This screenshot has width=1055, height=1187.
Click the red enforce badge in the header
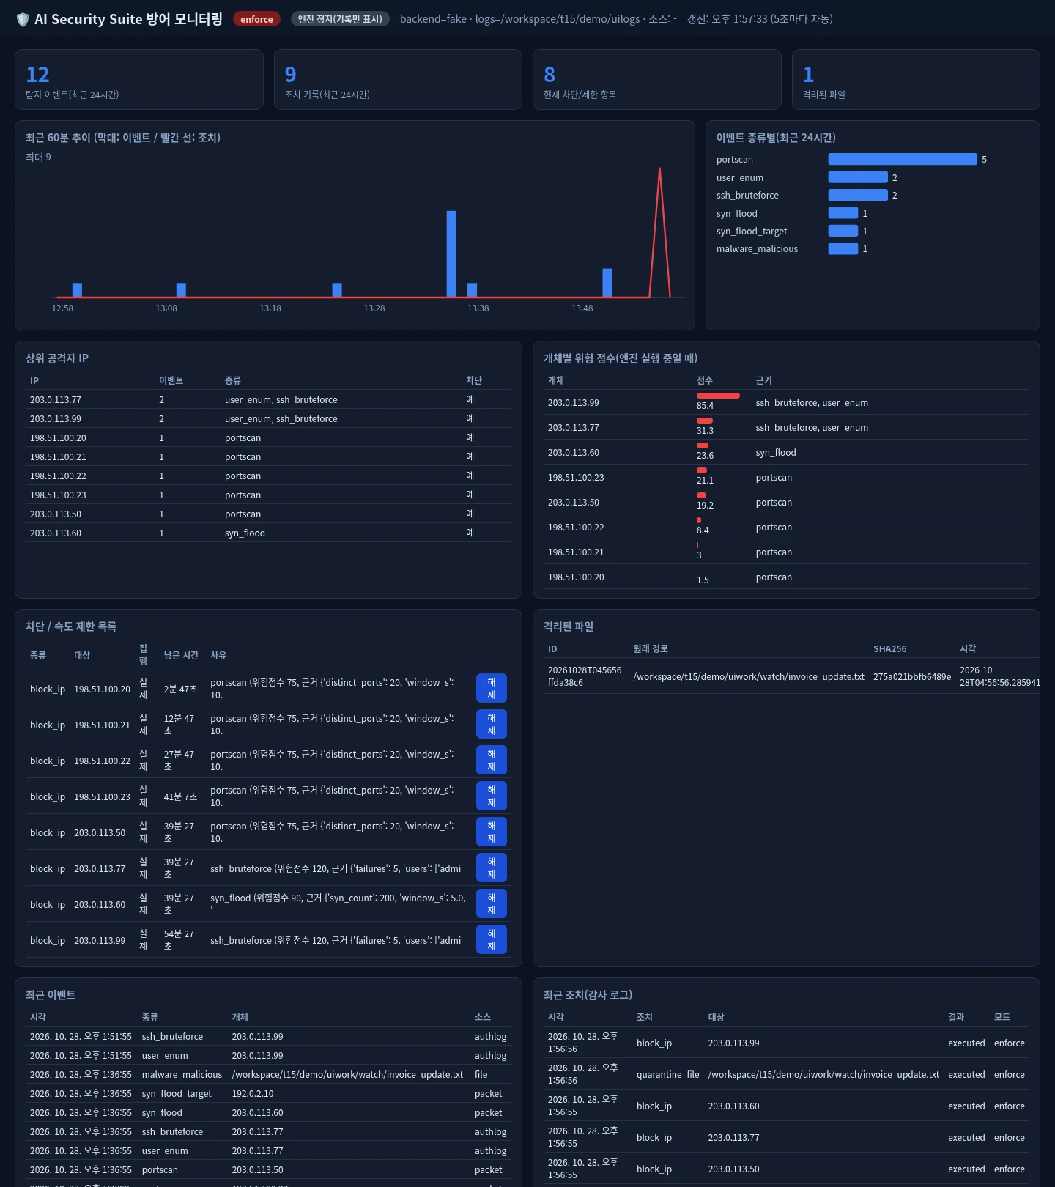(x=256, y=19)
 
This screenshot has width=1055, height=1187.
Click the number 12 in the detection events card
(x=37, y=75)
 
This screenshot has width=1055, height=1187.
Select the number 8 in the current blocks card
(x=549, y=75)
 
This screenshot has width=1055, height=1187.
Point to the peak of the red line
(x=659, y=169)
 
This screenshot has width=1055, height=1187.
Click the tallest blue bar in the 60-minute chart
(x=451, y=254)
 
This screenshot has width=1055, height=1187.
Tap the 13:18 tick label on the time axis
(x=270, y=308)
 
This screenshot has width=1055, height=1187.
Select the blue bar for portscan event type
(x=903, y=159)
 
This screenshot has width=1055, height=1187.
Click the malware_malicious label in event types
(x=757, y=249)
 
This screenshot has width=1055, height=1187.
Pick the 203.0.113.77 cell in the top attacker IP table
(x=56, y=400)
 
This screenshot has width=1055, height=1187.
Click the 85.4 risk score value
(x=705, y=406)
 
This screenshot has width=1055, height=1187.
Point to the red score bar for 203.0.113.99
(x=718, y=396)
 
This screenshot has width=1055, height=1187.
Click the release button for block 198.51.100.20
(x=492, y=689)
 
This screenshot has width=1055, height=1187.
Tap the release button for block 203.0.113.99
(x=492, y=940)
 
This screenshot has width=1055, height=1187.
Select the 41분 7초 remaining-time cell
(x=180, y=797)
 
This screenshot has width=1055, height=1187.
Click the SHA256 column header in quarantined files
(x=889, y=649)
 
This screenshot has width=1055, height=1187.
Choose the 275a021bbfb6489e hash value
(x=912, y=677)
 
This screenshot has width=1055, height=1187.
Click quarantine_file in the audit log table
(x=667, y=1075)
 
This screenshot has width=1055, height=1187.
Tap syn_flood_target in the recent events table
(x=177, y=1094)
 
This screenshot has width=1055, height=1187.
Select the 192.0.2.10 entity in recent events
(x=253, y=1094)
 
